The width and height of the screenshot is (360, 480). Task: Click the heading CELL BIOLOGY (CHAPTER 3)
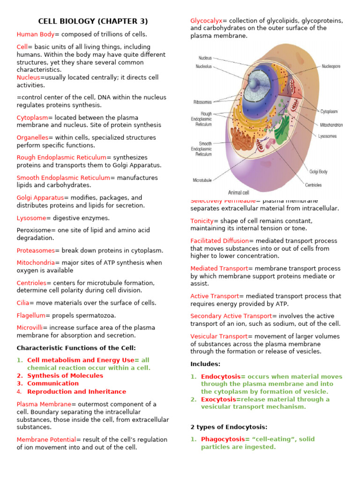click(x=93, y=21)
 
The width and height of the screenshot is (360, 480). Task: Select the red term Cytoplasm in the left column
click(x=32, y=118)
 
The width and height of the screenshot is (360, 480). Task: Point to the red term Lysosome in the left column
click(x=31, y=218)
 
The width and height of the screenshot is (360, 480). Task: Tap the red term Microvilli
click(x=30, y=328)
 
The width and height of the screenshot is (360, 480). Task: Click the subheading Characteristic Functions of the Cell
click(x=76, y=348)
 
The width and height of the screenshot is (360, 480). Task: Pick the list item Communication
click(x=53, y=383)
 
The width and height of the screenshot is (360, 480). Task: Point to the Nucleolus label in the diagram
click(x=203, y=67)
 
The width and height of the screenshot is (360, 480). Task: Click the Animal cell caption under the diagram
click(x=239, y=192)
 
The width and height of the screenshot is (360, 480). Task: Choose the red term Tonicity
click(x=202, y=221)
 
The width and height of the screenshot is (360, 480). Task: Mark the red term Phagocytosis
click(x=223, y=439)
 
